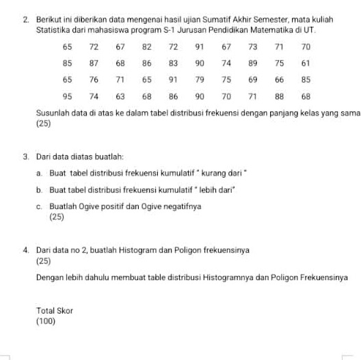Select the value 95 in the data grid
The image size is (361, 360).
click(67, 96)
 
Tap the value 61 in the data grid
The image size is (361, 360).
click(306, 63)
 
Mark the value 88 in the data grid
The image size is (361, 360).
click(279, 96)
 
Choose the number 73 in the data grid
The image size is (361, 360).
click(252, 46)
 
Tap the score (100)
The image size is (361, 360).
click(46, 320)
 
